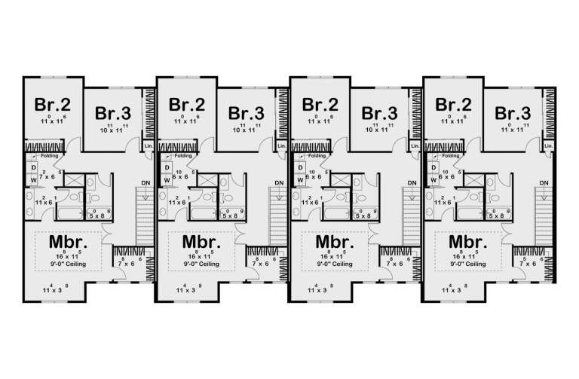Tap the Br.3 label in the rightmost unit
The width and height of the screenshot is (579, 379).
pyautogui.click(x=513, y=113)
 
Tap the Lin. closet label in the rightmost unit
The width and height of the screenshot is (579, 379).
pyautogui.click(x=548, y=145)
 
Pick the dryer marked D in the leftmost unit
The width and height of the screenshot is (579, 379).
pyautogui.click(x=35, y=168)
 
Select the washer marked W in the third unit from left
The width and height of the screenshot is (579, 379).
pyautogui.click(x=301, y=180)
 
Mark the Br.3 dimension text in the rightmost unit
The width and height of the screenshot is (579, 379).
pyautogui.click(x=513, y=130)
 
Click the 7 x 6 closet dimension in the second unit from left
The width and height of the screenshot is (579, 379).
pyautogui.click(x=262, y=264)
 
